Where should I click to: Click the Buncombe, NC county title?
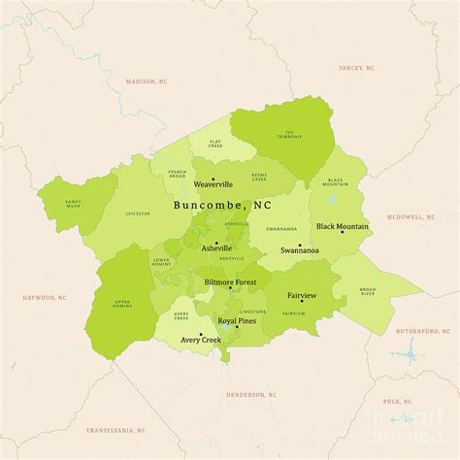click(222, 206)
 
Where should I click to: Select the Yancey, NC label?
click(356, 68)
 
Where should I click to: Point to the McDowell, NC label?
click(411, 217)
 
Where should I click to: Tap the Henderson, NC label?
click(249, 395)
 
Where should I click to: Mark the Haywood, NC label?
click(45, 298)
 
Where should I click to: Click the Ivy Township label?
click(287, 136)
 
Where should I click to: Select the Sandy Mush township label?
click(74, 205)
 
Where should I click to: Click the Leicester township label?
click(138, 212)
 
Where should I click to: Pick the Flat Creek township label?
click(214, 145)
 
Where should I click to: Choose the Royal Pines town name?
click(237, 320)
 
